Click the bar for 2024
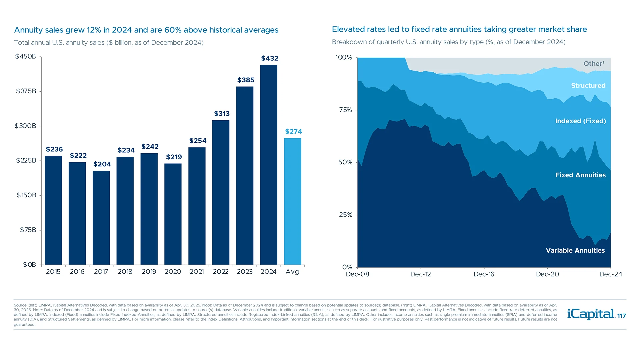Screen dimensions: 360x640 click(269, 165)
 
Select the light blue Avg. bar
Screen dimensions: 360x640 click(293, 201)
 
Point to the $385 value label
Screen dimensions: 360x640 click(246, 80)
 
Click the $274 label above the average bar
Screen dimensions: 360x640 click(293, 131)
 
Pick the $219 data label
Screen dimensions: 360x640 click(174, 157)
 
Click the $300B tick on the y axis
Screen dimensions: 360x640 click(25, 126)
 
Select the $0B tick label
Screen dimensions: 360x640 click(29, 265)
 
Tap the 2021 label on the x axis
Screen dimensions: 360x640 click(197, 272)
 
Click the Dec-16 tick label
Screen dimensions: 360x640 click(484, 274)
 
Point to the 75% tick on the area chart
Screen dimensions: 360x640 click(345, 110)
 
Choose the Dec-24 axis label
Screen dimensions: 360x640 click(610, 274)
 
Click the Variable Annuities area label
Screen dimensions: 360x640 click(575, 250)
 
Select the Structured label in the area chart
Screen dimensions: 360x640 click(588, 86)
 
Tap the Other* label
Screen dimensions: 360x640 click(594, 64)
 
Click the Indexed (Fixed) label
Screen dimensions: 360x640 click(580, 121)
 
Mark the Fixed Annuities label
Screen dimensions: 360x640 click(580, 175)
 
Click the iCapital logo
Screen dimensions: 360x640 click(591, 314)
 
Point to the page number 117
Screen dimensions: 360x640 click(622, 316)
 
